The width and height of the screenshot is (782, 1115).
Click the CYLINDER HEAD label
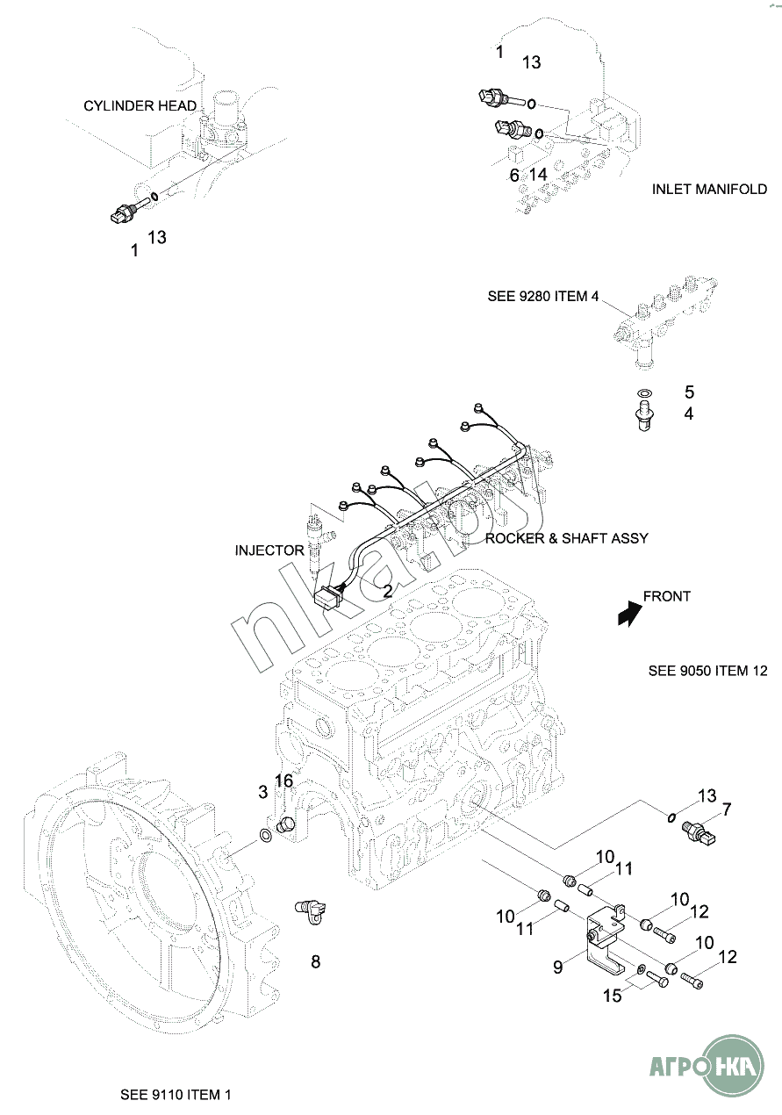(140, 106)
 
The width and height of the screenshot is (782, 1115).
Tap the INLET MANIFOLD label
(709, 189)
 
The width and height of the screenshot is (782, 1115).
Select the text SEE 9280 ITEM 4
(543, 297)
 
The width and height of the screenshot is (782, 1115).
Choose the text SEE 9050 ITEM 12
(707, 671)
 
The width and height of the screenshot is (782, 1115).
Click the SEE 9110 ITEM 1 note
(176, 1095)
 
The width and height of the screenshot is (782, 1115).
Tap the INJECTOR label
(269, 550)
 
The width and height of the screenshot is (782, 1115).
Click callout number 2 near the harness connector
(387, 591)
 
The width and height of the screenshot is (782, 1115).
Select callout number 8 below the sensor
(316, 961)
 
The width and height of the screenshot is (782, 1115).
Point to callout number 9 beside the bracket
(557, 967)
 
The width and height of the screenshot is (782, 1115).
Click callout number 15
(613, 995)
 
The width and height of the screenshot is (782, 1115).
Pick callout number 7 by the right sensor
(726, 809)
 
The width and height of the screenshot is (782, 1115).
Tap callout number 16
(284, 781)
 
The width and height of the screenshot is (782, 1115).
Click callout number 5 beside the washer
(689, 392)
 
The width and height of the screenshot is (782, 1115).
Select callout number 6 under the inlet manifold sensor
(514, 175)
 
